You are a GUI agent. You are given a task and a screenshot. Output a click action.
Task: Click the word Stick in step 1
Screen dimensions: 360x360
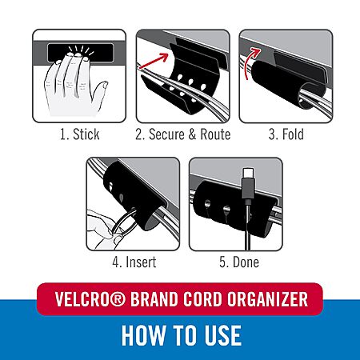click(86, 134)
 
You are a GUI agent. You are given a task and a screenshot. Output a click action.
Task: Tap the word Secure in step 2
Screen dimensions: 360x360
click(166, 134)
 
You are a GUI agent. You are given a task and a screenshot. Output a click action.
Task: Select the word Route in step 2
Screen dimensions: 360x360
click(215, 134)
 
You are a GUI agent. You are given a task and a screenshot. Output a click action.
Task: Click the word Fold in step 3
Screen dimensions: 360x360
click(293, 134)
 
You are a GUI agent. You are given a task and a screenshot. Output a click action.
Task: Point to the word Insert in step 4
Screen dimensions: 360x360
click(141, 262)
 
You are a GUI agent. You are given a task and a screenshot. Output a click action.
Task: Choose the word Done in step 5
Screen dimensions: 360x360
click(246, 262)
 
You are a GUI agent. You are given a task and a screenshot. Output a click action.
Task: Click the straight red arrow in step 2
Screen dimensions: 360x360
click(154, 61)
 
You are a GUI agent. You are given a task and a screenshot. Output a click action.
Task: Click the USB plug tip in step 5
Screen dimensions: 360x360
click(248, 174)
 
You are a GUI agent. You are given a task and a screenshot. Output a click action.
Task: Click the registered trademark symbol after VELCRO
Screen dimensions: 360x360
click(118, 299)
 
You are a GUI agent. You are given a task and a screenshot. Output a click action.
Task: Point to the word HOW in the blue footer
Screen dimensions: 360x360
click(143, 335)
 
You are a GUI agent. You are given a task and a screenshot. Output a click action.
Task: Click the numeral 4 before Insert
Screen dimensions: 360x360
click(116, 262)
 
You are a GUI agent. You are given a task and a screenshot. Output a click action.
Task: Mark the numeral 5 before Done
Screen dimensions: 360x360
click(223, 262)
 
